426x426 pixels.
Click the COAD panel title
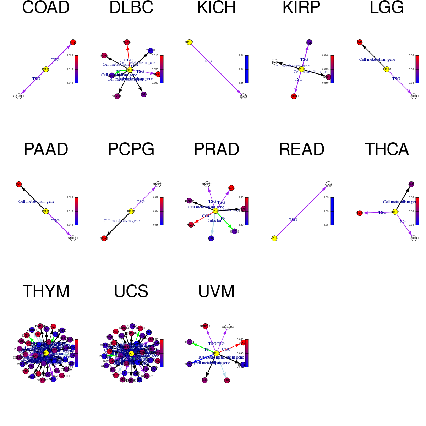click(x=46, y=8)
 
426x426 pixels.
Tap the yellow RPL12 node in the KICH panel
click(x=189, y=42)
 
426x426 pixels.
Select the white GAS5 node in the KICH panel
click(x=243, y=96)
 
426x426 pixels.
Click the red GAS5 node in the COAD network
click(x=73, y=42)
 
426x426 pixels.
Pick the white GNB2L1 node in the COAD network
click(x=19, y=96)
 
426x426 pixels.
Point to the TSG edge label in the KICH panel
click(x=208, y=61)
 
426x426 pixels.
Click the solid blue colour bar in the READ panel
click(x=332, y=211)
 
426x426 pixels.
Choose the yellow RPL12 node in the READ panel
click(x=274, y=238)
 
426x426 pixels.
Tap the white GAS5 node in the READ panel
click(x=328, y=184)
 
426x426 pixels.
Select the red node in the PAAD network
click(x=19, y=184)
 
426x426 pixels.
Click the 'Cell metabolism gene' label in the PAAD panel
click(x=36, y=201)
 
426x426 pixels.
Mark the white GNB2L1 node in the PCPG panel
click(x=158, y=184)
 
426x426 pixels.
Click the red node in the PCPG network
click(x=104, y=238)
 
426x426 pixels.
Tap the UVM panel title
click(x=216, y=291)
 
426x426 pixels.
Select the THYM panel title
click(x=46, y=291)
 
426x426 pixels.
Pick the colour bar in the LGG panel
click(x=417, y=69)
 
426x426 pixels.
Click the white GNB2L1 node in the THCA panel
click(x=414, y=238)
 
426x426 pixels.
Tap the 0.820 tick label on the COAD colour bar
click(x=70, y=55)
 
